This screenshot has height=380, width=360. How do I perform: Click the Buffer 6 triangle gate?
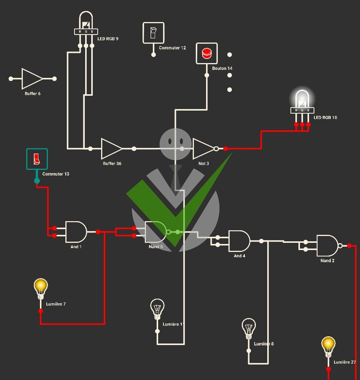coord(32,79)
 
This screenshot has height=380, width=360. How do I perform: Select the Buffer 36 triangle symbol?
coord(111,149)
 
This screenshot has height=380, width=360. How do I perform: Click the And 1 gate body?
coord(76,232)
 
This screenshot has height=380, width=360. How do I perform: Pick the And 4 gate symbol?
coord(239,241)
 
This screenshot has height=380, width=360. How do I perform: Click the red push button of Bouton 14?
coord(207,54)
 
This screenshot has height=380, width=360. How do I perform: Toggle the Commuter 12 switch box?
coord(154,33)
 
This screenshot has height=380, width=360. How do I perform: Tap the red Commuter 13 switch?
coord(37,159)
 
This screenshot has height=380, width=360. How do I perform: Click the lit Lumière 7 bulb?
coord(41,289)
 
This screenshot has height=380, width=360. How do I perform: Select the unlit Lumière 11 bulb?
coord(157,309)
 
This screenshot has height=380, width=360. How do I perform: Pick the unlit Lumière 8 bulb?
coord(249,329)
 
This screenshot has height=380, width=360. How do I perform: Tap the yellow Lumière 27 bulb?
coord(328,347)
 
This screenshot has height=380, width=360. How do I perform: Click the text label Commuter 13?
coord(56,174)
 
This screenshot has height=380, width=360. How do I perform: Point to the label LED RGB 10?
coord(325,117)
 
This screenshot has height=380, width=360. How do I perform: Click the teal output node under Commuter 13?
coord(37,180)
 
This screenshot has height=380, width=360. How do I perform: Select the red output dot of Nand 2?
coord(349,246)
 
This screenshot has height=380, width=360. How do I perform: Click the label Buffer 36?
coord(112,163)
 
